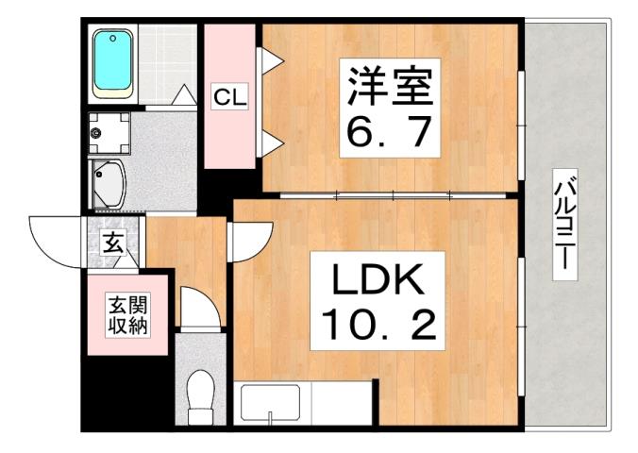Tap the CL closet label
(x=229, y=95)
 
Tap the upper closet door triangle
(x=271, y=63)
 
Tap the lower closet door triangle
(x=271, y=143)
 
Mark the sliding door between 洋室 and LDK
(x=392, y=194)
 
